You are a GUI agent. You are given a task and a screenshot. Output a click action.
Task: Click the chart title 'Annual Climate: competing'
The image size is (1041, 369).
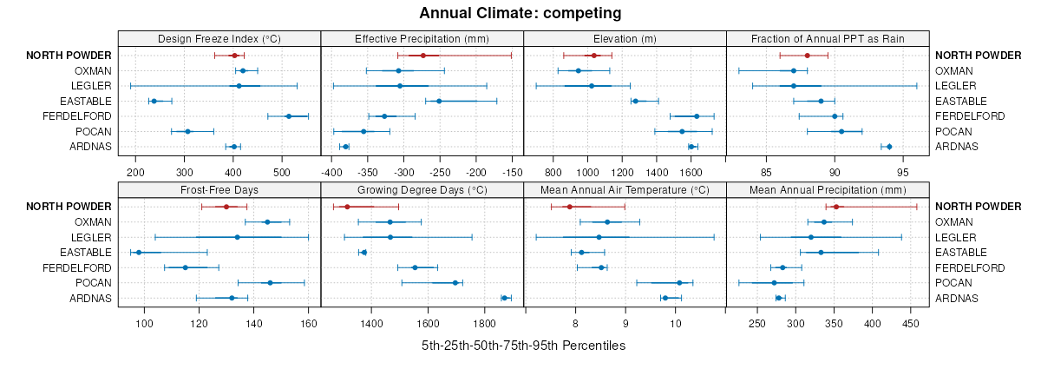pyautogui.click(x=520, y=13)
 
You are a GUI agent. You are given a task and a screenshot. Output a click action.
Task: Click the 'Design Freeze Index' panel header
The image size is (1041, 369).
pyautogui.click(x=219, y=39)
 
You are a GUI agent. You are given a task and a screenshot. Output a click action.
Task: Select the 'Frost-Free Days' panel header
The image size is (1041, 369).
pyautogui.click(x=219, y=190)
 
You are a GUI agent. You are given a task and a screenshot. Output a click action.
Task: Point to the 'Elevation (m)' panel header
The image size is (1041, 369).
pyautogui.click(x=625, y=39)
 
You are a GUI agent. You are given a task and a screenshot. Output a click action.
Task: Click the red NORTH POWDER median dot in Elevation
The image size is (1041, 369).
pyautogui.click(x=594, y=56)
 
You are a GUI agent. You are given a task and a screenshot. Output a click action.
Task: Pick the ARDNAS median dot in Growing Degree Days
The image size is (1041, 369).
pyautogui.click(x=504, y=298)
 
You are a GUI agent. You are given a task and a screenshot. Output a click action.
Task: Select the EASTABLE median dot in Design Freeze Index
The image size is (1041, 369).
pyautogui.click(x=154, y=101)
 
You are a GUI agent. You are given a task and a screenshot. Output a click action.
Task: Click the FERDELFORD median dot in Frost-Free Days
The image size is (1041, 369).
pyautogui.click(x=186, y=267)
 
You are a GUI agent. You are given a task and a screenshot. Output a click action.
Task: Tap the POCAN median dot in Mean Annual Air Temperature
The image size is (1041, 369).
pyautogui.click(x=679, y=282)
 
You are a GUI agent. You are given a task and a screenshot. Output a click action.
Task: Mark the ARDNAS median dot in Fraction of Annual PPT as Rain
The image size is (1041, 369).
pyautogui.click(x=889, y=147)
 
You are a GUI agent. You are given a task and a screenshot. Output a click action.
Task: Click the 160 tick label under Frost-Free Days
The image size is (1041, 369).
pyautogui.click(x=308, y=323)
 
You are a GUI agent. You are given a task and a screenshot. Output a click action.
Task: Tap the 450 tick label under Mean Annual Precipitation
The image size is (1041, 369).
pyautogui.click(x=911, y=323)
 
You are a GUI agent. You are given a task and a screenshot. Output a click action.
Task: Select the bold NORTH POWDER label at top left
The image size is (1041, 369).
pyautogui.click(x=69, y=56)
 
